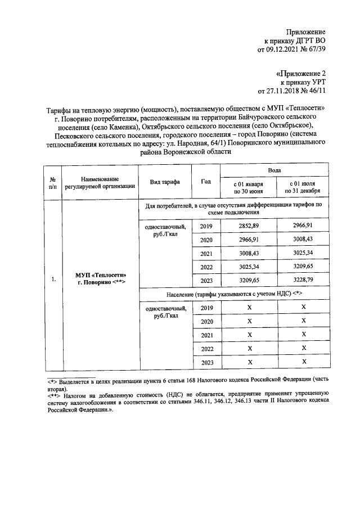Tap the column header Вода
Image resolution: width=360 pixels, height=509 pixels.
pyautogui.click(x=275, y=169)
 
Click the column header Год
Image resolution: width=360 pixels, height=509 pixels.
pyautogui.click(x=205, y=181)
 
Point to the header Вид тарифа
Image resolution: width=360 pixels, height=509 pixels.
pyautogui.click(x=164, y=182)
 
